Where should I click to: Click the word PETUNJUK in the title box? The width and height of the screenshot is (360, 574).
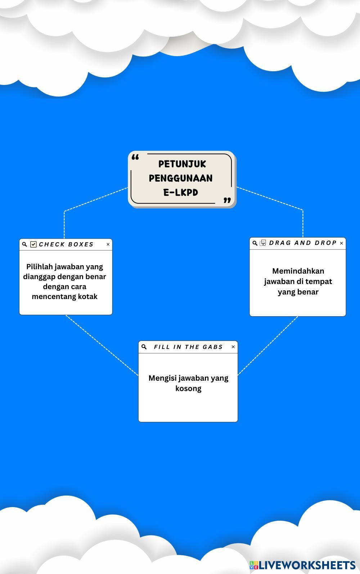pyautogui.click(x=182, y=164)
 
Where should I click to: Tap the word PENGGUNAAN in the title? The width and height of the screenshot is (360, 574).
pyautogui.click(x=181, y=178)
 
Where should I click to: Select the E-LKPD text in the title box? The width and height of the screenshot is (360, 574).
pyautogui.click(x=181, y=192)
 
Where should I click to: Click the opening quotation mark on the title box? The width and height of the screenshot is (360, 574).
pyautogui.click(x=135, y=157)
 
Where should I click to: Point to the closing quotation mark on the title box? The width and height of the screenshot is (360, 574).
pyautogui.click(x=227, y=200)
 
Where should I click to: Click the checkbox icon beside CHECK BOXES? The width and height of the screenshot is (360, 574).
pyautogui.click(x=33, y=244)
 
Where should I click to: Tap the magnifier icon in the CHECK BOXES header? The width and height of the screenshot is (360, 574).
pyautogui.click(x=24, y=244)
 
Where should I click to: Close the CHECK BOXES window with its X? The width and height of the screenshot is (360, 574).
pyautogui.click(x=108, y=244)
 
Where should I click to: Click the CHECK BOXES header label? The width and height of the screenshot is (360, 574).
pyautogui.click(x=66, y=244)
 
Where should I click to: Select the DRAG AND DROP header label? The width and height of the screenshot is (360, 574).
pyautogui.click(x=303, y=243)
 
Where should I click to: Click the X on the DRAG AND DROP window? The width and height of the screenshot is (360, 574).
pyautogui.click(x=341, y=243)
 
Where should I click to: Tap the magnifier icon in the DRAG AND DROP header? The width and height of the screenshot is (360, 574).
pyautogui.click(x=255, y=243)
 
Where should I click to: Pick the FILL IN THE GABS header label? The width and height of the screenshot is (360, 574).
pyautogui.click(x=188, y=347)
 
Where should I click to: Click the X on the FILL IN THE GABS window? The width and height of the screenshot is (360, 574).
pyautogui.click(x=233, y=347)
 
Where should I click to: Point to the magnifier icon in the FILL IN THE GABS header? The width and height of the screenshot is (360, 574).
pyautogui.click(x=144, y=347)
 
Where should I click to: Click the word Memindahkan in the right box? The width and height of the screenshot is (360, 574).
pyautogui.click(x=298, y=271)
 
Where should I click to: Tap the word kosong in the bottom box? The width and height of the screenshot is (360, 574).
pyautogui.click(x=188, y=388)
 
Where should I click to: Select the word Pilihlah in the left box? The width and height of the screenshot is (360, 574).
pyautogui.click(x=39, y=267)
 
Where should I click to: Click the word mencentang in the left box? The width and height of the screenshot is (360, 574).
pyautogui.click(x=54, y=297)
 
